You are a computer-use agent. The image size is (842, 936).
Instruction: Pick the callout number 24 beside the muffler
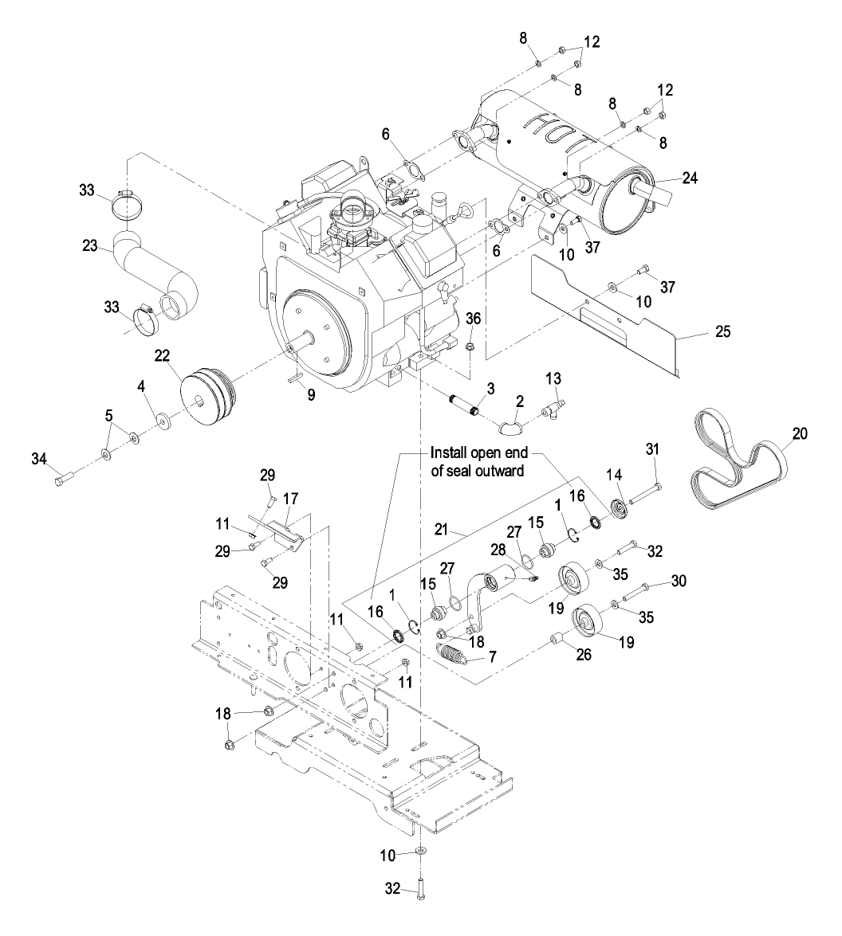(690, 178)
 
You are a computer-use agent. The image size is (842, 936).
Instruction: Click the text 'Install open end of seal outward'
(478, 460)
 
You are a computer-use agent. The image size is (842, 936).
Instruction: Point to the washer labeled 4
(166, 419)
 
